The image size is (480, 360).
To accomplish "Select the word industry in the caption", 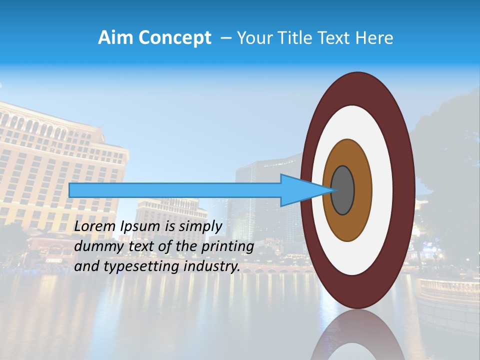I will coord(212,266).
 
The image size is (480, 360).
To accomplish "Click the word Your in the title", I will coord(253,38).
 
